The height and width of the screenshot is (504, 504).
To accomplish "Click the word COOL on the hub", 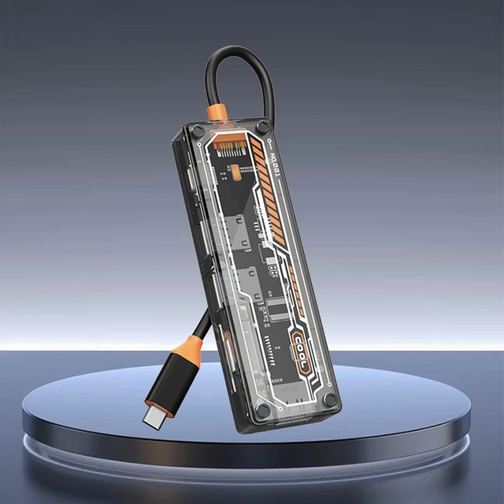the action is coord(301,353).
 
